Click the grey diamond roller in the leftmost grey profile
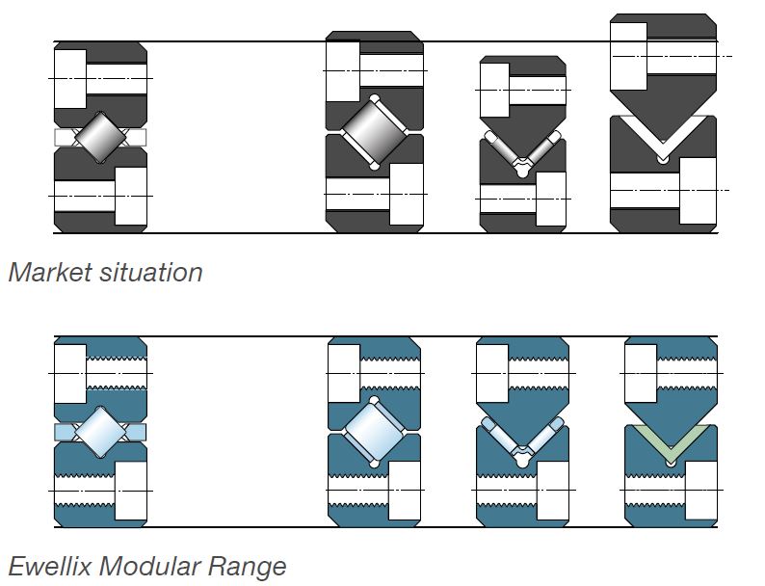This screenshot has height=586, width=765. pyautogui.click(x=101, y=138)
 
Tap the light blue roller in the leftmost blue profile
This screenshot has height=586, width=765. pyautogui.click(x=101, y=431)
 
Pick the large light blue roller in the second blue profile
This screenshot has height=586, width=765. pyautogui.click(x=374, y=431)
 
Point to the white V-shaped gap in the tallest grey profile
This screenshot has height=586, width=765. pyautogui.click(x=665, y=135)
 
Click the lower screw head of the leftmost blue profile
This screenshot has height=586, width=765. pyautogui.click(x=130, y=491)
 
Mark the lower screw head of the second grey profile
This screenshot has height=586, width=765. pyautogui.click(x=406, y=193)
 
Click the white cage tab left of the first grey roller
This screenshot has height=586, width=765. pyautogui.click(x=65, y=138)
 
